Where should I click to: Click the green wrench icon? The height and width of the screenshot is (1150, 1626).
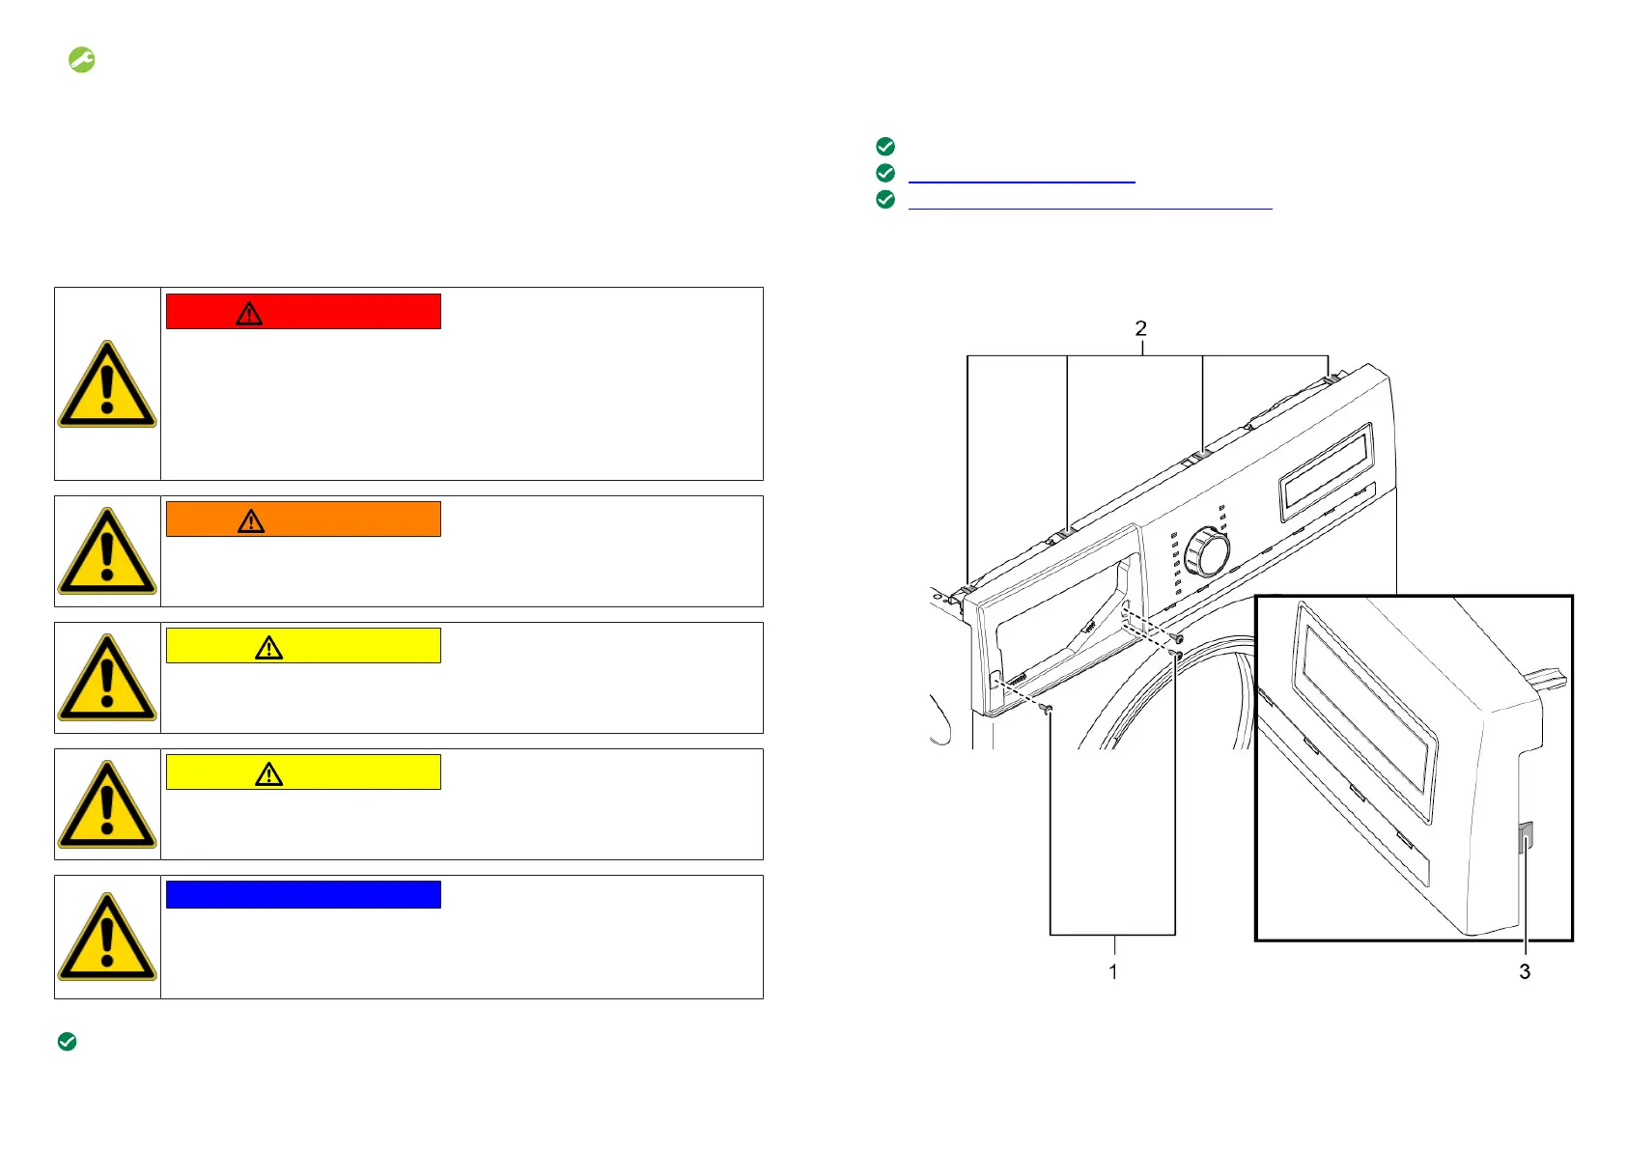[81, 60]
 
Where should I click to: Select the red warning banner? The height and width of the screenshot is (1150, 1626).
[303, 312]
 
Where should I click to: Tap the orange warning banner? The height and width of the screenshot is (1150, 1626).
[303, 519]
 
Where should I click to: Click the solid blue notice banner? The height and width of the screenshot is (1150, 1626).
[303, 894]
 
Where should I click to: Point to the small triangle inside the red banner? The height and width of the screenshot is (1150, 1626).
[249, 314]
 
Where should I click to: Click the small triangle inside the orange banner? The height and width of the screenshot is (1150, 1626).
[251, 521]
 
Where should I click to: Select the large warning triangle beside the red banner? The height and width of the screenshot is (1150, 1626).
[107, 384]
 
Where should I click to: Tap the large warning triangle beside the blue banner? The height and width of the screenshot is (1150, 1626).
[107, 937]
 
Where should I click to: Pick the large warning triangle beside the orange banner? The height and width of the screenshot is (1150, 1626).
[107, 551]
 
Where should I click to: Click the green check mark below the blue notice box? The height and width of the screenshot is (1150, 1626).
[67, 1042]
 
